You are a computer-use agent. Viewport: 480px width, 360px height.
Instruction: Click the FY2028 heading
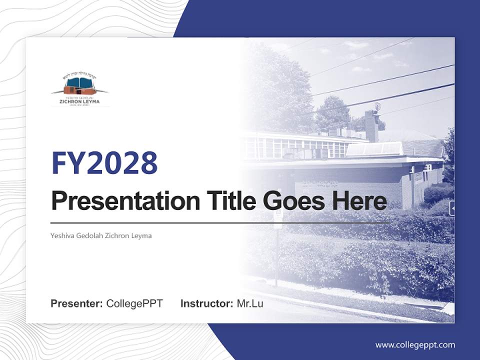click(x=104, y=163)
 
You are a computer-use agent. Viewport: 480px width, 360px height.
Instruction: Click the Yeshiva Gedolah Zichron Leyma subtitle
click(x=101, y=235)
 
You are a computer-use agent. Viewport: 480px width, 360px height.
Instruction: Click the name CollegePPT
click(x=134, y=303)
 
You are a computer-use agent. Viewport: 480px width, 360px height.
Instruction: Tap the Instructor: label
click(x=206, y=303)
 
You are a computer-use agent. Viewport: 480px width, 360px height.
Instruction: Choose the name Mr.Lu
click(x=250, y=303)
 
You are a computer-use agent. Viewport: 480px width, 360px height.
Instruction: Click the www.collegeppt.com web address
click(x=415, y=344)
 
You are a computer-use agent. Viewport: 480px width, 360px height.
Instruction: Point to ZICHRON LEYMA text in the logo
click(x=79, y=101)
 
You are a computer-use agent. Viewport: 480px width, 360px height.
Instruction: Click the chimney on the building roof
click(x=371, y=125)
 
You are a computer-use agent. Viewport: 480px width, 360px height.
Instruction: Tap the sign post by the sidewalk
click(x=277, y=250)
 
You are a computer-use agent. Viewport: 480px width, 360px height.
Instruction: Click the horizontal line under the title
click(x=220, y=222)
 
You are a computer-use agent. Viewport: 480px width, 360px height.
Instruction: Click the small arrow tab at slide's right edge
click(x=451, y=208)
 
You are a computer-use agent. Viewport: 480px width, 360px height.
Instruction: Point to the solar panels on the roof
click(x=375, y=149)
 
